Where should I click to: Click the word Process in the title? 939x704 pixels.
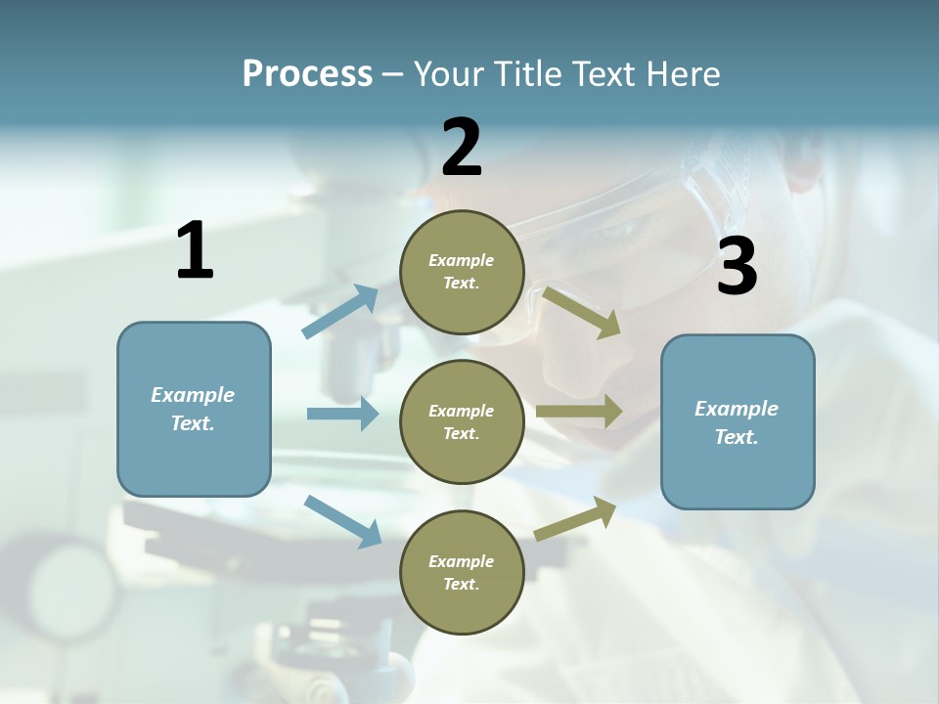point(307,74)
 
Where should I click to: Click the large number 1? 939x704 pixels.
point(195,251)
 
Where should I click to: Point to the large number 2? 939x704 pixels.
point(462,148)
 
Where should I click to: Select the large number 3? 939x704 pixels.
point(737,267)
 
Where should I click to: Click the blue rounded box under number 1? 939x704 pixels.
point(194,409)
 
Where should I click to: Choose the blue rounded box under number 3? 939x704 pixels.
point(738,422)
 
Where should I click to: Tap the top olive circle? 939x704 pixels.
point(462,272)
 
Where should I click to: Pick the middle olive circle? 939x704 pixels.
point(462,422)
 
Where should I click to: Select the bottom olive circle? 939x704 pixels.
point(462,573)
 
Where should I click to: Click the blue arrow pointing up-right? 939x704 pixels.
point(340,312)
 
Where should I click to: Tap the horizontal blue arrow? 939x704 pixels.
point(342,414)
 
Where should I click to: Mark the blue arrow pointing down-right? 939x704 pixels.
point(343,521)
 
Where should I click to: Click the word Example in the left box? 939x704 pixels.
point(193,395)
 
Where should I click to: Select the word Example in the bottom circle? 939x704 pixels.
point(462,561)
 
